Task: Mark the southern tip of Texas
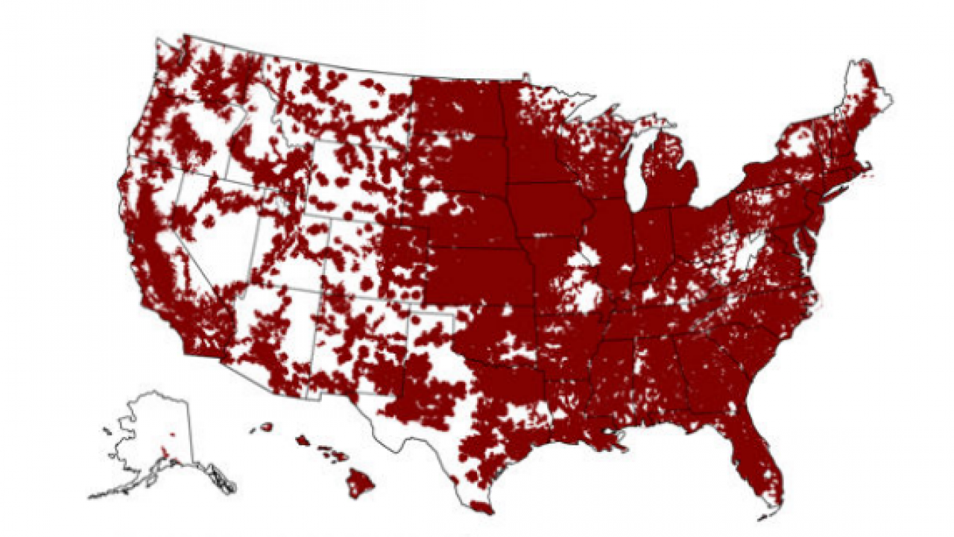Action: [481, 507]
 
